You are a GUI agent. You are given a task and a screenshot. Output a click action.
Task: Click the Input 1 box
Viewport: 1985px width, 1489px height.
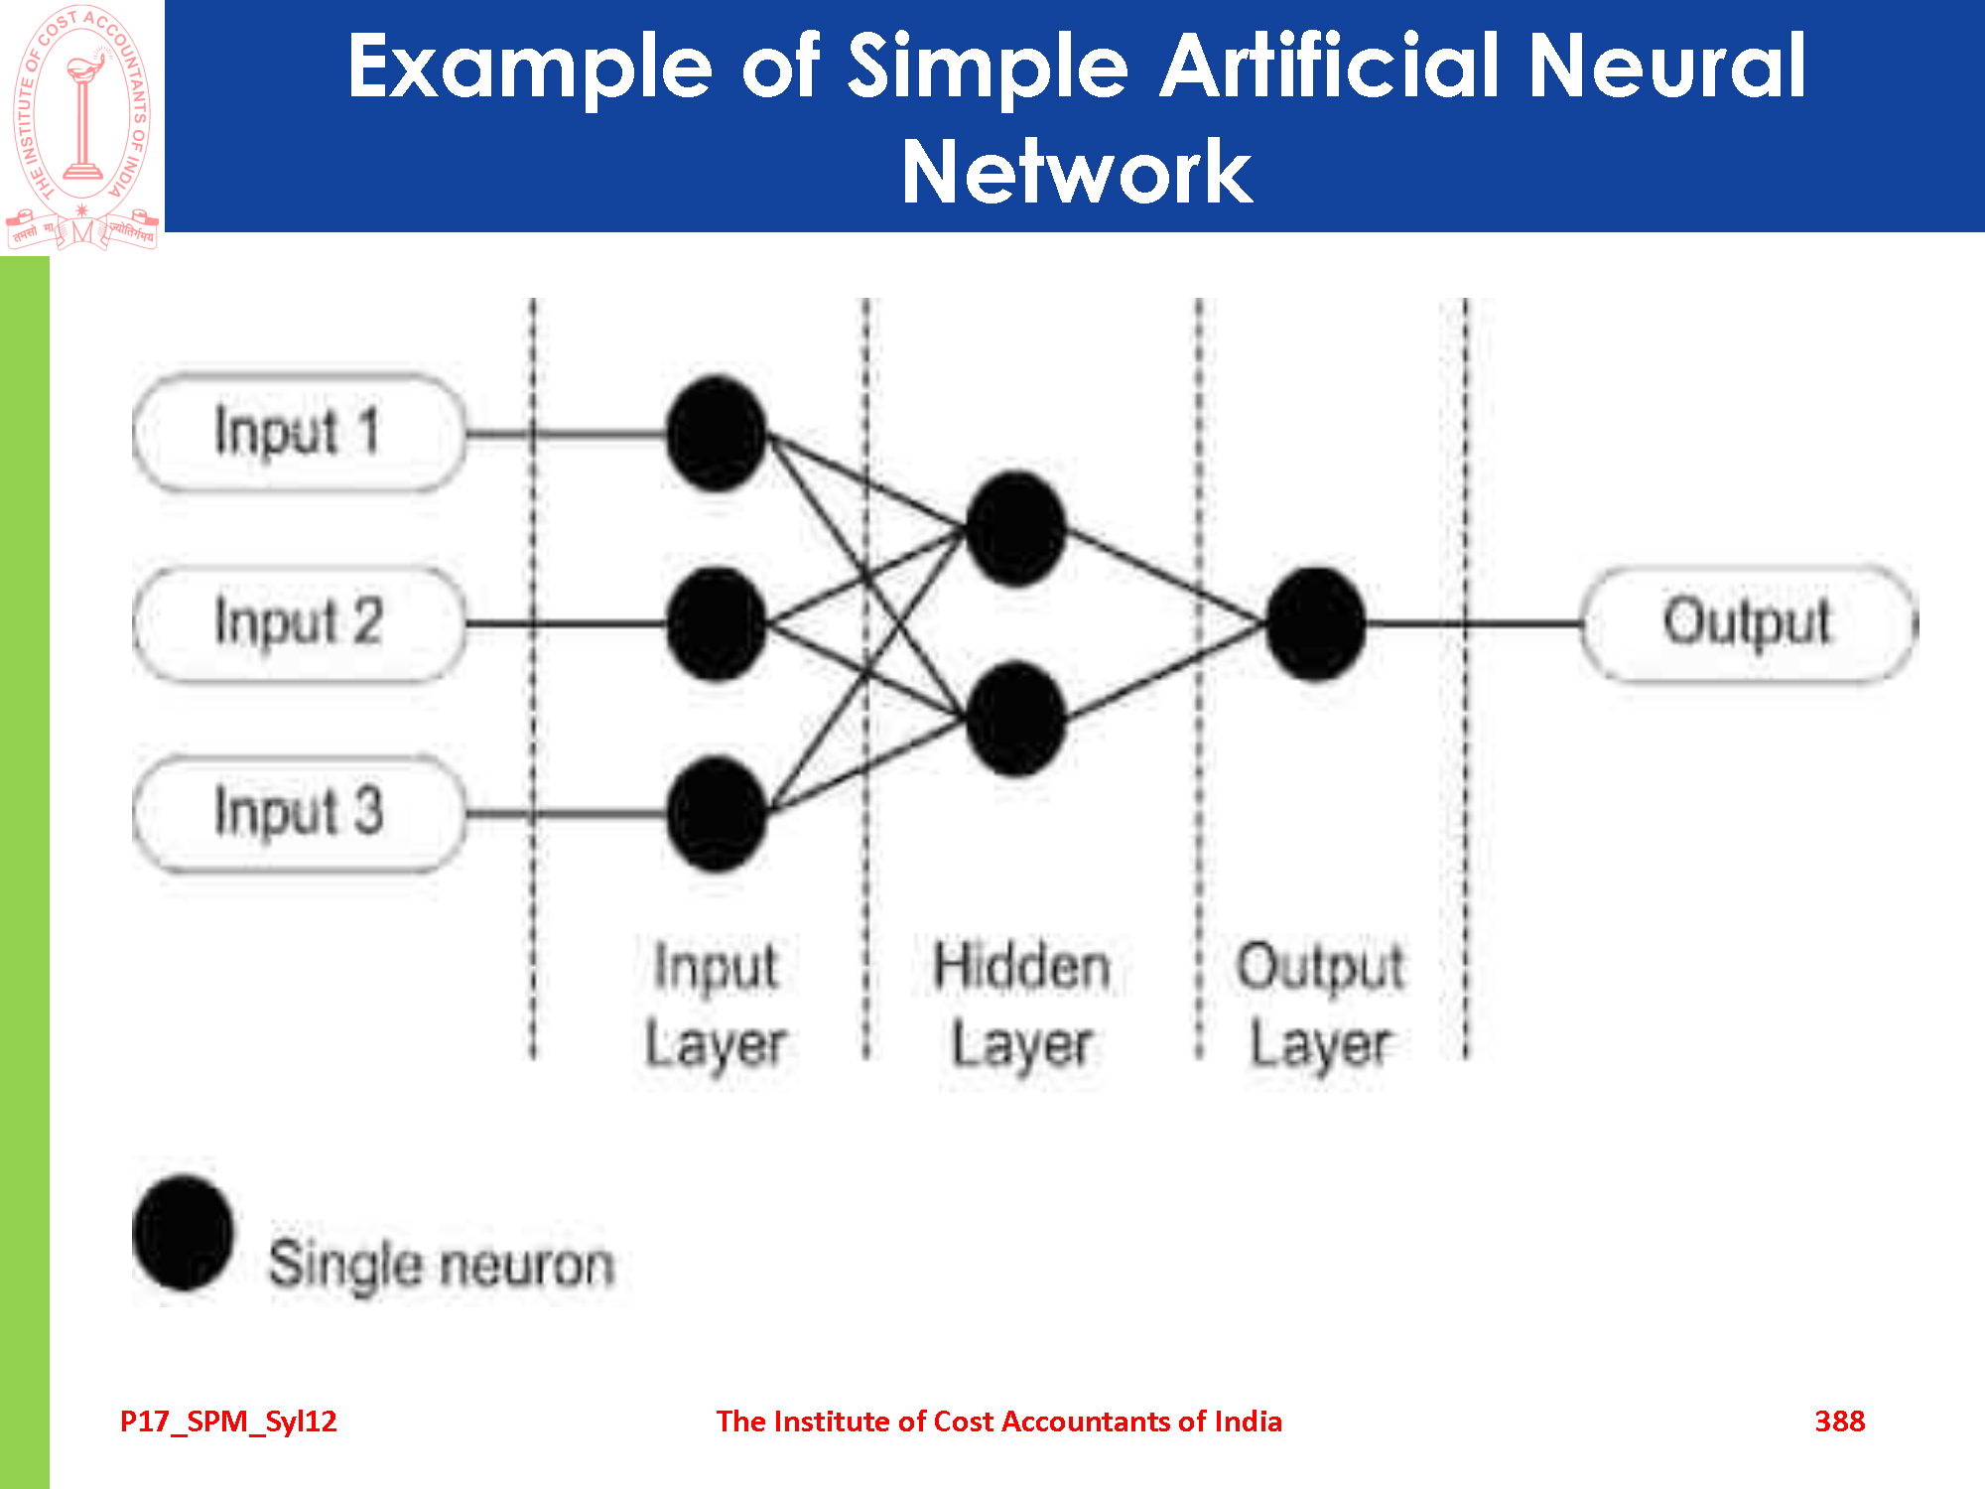[298, 433]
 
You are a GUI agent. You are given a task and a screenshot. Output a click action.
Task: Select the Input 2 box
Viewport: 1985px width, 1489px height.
[298, 623]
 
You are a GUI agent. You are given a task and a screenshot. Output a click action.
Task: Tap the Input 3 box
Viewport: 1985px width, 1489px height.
[298, 814]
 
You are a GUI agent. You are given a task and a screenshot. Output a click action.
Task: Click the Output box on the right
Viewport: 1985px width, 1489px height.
[1748, 623]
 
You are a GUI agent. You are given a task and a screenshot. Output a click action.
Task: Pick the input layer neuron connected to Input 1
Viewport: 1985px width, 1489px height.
[716, 433]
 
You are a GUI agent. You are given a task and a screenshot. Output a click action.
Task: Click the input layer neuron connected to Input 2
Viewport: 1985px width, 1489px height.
[716, 623]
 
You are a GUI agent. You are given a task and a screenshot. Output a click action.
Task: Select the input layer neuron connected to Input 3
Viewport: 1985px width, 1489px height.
[716, 814]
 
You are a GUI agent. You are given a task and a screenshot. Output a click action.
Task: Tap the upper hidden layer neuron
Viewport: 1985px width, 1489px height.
[1015, 528]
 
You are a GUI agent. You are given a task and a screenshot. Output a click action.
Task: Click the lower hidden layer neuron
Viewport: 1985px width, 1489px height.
[1015, 719]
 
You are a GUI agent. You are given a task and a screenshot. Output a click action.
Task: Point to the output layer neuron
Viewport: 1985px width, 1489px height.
[1316, 623]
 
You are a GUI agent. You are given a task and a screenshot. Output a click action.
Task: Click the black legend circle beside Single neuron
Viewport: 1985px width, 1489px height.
[183, 1233]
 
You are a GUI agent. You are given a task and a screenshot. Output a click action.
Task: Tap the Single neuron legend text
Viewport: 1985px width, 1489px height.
[442, 1265]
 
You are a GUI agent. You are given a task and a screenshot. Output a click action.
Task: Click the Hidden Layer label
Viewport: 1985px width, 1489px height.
[1021, 1005]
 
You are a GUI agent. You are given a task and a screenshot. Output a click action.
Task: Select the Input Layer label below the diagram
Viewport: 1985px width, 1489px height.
[716, 1005]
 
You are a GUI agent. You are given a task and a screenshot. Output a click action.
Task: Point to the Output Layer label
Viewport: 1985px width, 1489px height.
[1320, 1005]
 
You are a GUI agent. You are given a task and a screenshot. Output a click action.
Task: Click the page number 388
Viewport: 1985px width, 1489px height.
[1839, 1421]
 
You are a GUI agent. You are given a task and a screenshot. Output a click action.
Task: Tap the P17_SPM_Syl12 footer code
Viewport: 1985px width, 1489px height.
[228, 1421]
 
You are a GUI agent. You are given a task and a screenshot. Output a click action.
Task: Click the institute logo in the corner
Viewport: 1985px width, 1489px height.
[82, 127]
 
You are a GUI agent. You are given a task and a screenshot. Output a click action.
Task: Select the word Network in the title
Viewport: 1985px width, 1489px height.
[1076, 173]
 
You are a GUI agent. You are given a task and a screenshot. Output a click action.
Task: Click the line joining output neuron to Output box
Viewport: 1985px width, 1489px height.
[1474, 623]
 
